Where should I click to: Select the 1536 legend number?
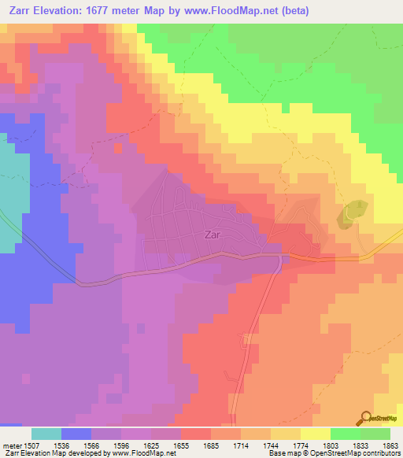click(61, 446)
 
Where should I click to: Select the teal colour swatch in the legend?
click(46, 434)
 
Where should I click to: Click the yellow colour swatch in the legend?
click(315, 434)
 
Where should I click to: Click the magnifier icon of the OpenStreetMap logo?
click(365, 417)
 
